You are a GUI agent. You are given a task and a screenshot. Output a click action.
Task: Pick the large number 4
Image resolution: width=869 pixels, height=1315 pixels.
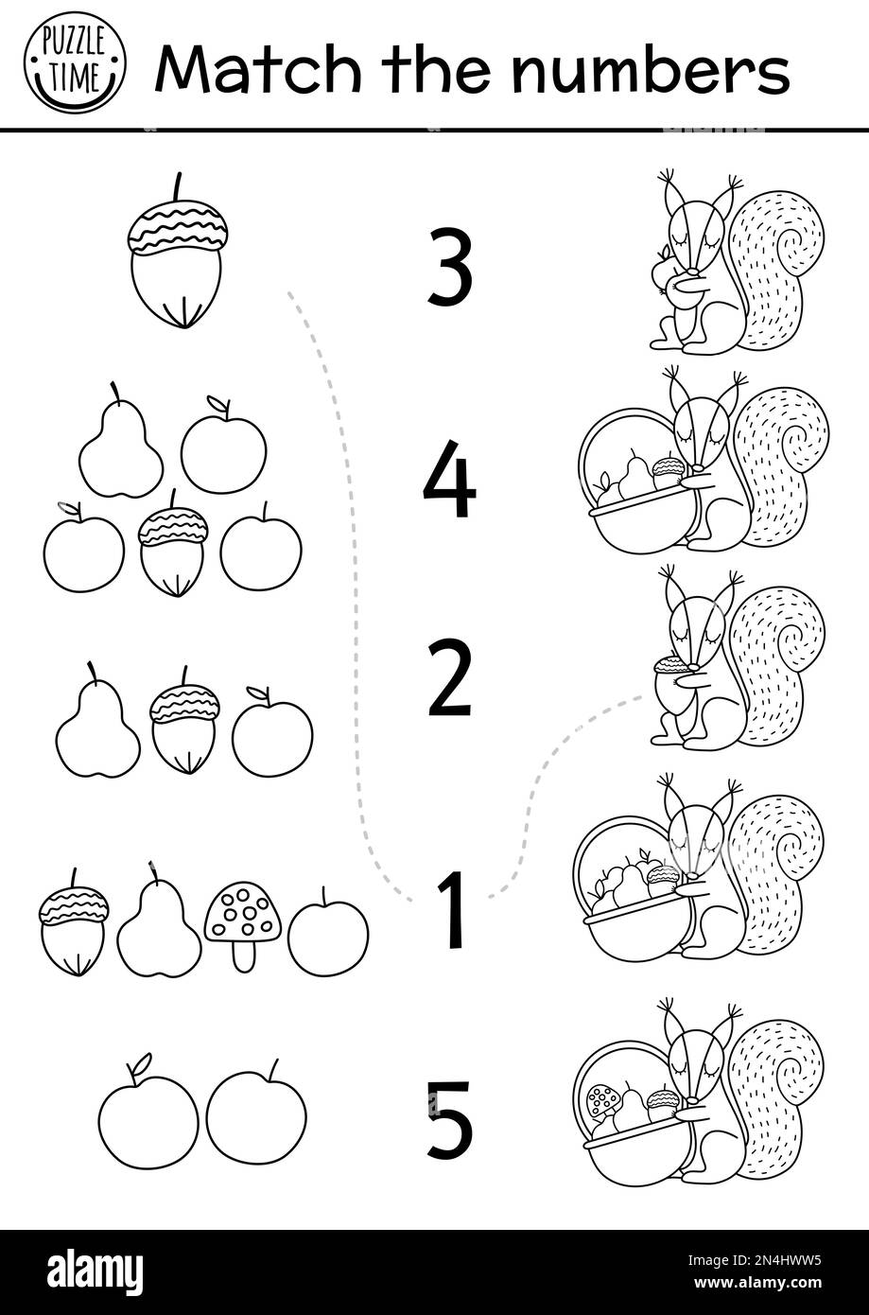coord(449,480)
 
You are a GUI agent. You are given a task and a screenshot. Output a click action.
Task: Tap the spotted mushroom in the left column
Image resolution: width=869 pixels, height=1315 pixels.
coord(243,921)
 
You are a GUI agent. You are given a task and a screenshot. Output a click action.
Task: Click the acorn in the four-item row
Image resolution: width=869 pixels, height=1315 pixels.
coord(73,927)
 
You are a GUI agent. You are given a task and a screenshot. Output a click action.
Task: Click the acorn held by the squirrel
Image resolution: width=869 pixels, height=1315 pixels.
coord(672,681)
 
